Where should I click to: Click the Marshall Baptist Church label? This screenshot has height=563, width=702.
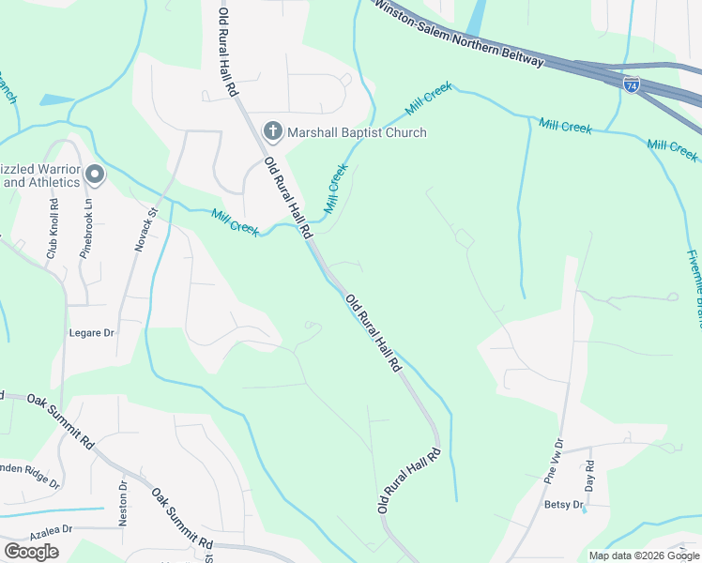coord(357,132)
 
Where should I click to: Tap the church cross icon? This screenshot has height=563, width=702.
coord(273,131)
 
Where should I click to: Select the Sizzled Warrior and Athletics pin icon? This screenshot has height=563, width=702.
coord(94,174)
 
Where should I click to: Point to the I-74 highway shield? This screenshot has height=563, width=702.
coord(632,84)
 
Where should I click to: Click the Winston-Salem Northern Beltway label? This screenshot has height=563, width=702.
coord(459,33)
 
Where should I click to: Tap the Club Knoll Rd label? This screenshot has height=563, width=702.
coord(53,229)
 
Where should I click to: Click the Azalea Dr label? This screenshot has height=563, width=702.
coord(38,529)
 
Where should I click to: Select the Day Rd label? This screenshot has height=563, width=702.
coord(589,478)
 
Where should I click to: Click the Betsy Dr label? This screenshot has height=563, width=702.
coord(564,505)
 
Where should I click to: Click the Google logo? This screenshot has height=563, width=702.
coord(31,552)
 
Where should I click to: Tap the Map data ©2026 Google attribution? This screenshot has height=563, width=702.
coord(644,555)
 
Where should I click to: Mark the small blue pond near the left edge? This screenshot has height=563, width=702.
coord(56,99)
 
